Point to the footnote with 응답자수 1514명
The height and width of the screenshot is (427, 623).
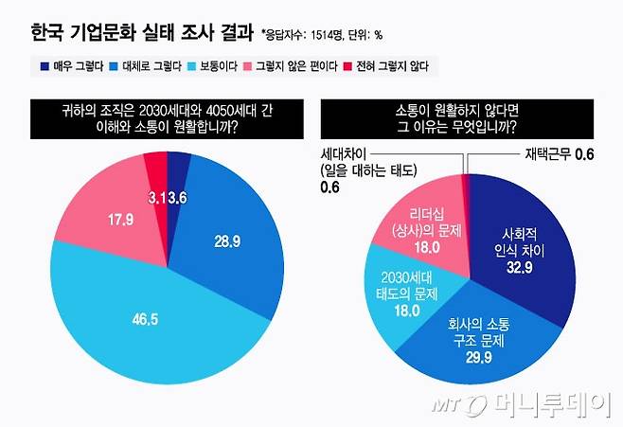click(x=321, y=36)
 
